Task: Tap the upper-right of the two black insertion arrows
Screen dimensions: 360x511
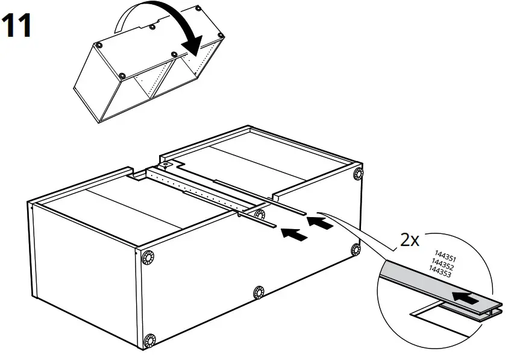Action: (319, 223)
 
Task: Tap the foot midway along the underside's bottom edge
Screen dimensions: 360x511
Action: (260, 292)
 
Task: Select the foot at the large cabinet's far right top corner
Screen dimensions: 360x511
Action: (360, 174)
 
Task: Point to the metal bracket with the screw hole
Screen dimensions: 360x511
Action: (165, 163)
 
